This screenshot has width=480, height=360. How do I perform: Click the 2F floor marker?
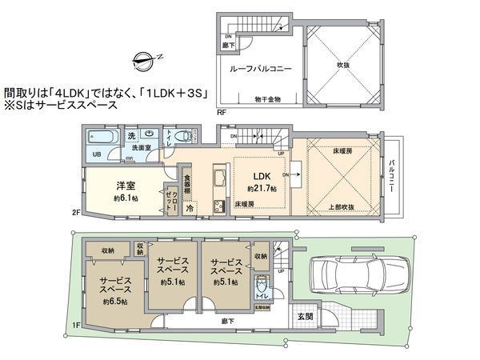pos(76,212)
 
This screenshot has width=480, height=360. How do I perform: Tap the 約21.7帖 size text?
pos(262,188)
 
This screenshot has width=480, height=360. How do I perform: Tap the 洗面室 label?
pos(142,148)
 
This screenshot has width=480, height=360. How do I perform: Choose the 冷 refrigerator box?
pos(190,207)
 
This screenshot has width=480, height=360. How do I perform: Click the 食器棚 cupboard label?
pos(186,183)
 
